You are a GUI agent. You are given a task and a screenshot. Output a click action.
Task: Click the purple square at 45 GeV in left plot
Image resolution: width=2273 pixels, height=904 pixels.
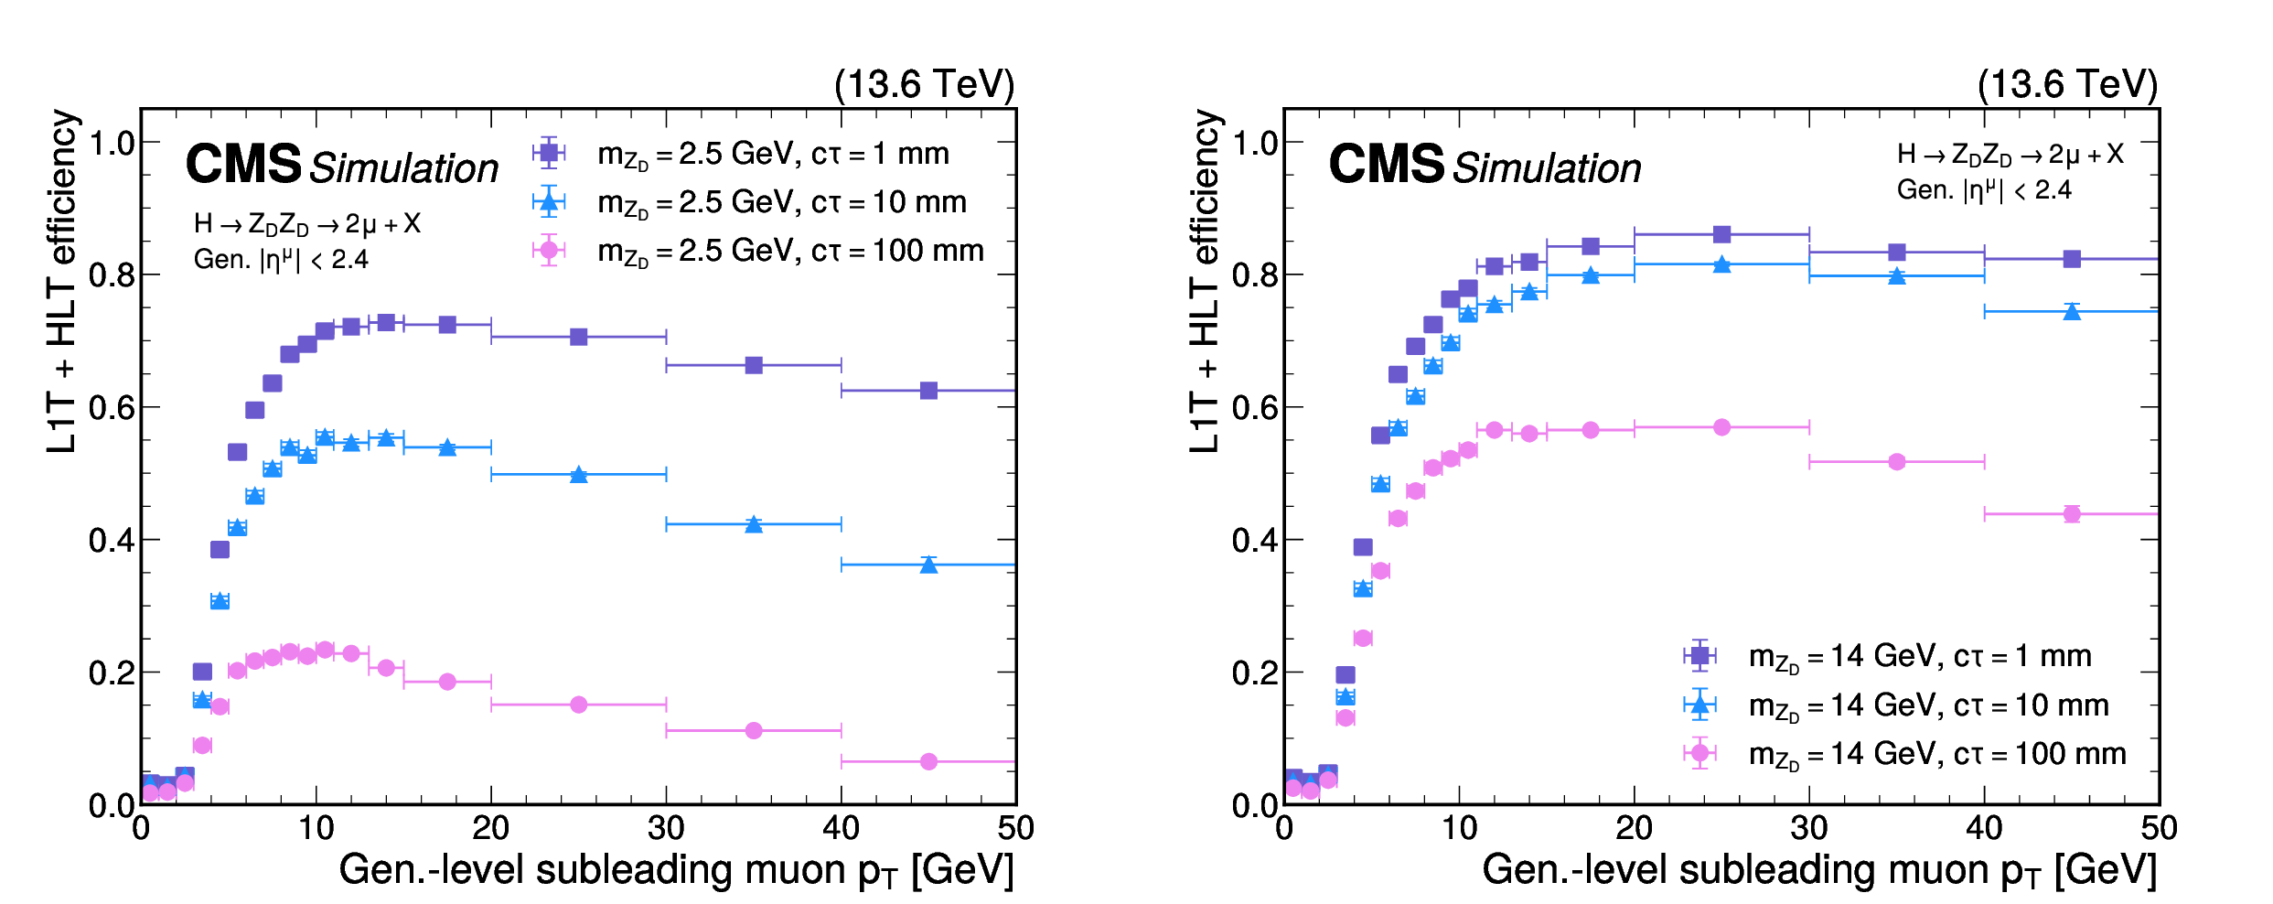click(x=928, y=391)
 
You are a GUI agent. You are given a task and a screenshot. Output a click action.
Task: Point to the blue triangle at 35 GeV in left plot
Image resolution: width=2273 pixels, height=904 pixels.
click(x=754, y=524)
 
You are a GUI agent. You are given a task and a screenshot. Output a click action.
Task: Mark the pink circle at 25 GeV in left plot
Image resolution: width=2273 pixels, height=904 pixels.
click(x=578, y=705)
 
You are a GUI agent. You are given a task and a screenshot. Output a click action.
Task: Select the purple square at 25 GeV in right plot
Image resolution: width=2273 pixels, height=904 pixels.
click(x=1721, y=234)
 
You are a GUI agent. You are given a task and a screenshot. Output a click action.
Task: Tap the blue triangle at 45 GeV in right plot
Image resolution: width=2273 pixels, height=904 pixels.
click(x=2072, y=312)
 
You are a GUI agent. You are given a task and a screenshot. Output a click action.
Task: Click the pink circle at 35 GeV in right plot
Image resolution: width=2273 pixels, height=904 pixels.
click(x=1897, y=462)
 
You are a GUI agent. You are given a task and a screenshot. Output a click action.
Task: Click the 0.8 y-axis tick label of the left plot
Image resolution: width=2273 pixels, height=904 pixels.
click(x=112, y=275)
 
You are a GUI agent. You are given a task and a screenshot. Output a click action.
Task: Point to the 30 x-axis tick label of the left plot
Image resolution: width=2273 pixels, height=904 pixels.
click(x=666, y=829)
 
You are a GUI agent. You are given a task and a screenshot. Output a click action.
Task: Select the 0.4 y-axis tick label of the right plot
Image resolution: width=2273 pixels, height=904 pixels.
click(x=1255, y=541)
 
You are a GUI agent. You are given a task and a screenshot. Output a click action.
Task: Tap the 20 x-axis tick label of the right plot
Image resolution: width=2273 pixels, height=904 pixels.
click(x=1634, y=829)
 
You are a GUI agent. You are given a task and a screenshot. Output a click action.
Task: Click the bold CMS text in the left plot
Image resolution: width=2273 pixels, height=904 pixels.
click(x=243, y=165)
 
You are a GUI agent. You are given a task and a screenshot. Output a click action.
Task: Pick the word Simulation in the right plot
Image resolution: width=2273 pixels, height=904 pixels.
click(x=1548, y=168)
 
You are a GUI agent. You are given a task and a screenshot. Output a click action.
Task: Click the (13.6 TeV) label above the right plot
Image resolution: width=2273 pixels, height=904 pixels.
click(x=2067, y=84)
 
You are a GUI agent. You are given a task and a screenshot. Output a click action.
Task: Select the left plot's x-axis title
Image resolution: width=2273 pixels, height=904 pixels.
click(x=677, y=870)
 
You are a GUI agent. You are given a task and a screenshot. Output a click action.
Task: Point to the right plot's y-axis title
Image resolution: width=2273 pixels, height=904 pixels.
click(x=1205, y=281)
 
